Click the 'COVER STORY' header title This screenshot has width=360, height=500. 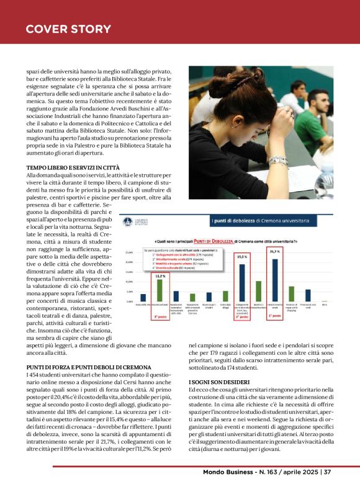(68, 29)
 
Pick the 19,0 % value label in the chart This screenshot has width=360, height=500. (242, 256)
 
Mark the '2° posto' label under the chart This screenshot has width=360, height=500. (242, 317)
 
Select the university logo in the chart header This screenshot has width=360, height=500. (127, 221)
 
